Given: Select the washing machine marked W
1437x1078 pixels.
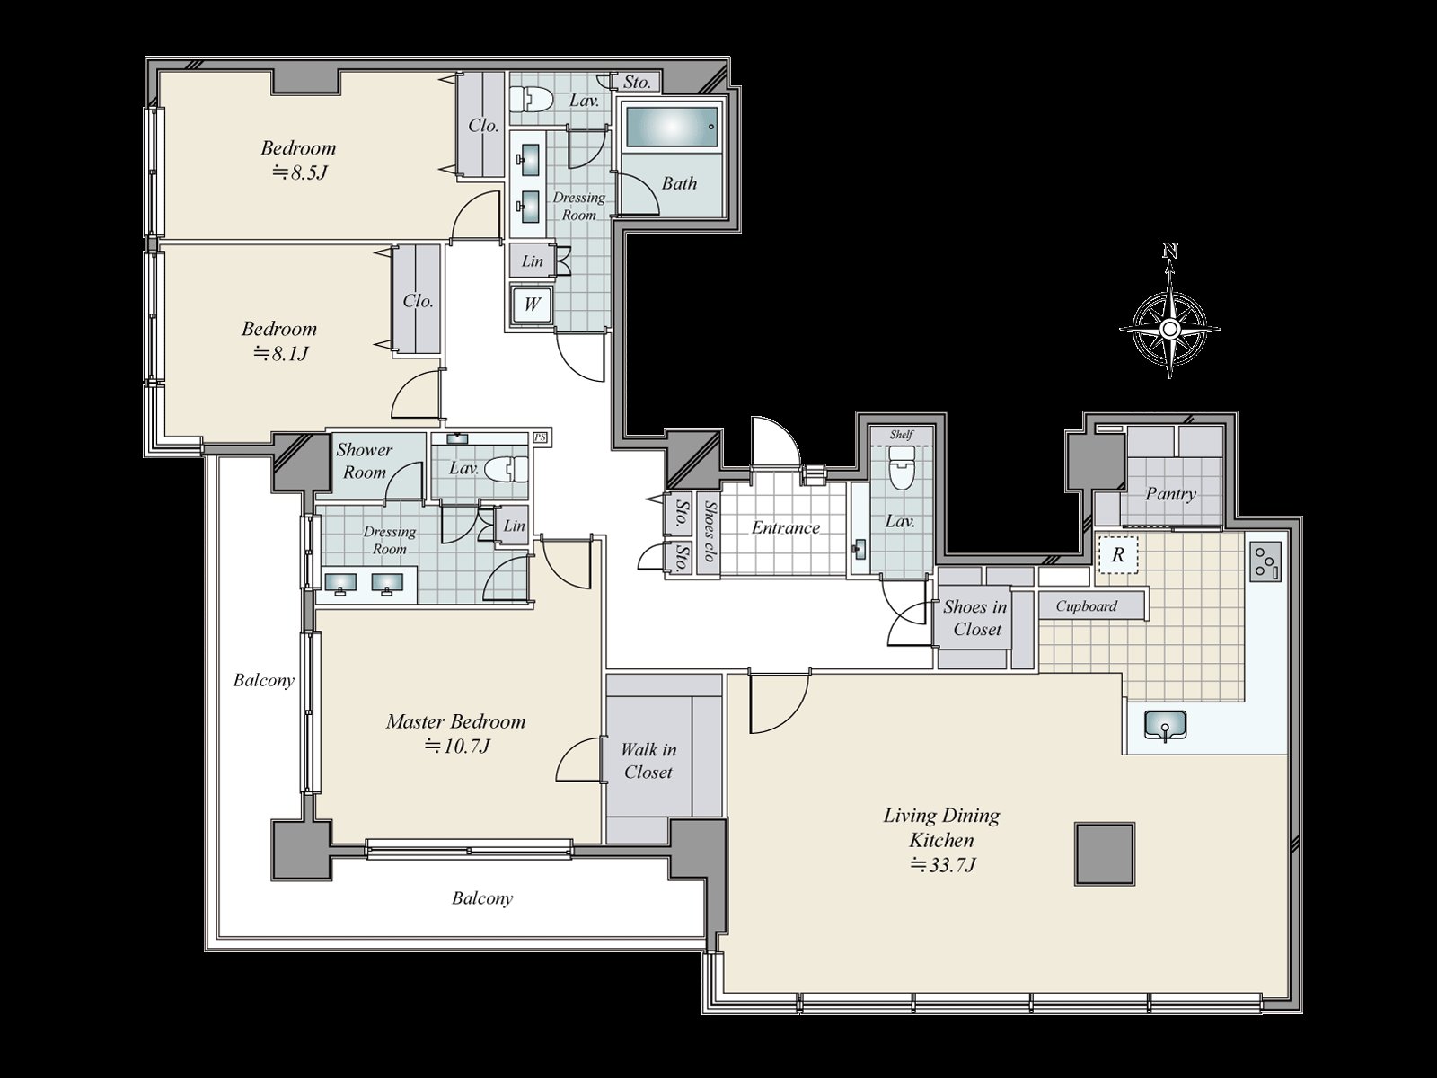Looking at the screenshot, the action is [x=532, y=305].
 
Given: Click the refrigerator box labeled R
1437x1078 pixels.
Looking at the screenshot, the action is [x=1117, y=555].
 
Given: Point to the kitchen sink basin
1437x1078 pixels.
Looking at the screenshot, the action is [x=1166, y=725].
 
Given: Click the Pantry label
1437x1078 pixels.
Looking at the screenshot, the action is [x=1170, y=493].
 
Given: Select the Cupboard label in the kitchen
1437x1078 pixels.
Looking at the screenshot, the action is [x=1086, y=606].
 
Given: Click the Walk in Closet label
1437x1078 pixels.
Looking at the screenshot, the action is [x=648, y=761].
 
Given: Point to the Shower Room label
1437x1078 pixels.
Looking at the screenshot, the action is [x=364, y=461].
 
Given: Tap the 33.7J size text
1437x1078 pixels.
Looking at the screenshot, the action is [x=943, y=865].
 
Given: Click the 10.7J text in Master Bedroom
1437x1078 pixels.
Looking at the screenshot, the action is [x=456, y=747].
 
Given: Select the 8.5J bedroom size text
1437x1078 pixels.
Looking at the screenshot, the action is [x=298, y=172].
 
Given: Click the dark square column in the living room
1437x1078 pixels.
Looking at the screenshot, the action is [x=1105, y=854].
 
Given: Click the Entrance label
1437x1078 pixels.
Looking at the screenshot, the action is [x=786, y=527].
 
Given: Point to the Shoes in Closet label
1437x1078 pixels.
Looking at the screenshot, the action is [x=974, y=618].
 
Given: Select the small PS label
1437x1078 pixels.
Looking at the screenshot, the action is [x=540, y=437].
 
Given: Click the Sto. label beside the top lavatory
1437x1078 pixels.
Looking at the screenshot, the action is [x=637, y=82].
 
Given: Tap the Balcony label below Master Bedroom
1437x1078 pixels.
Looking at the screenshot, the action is [x=482, y=898].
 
